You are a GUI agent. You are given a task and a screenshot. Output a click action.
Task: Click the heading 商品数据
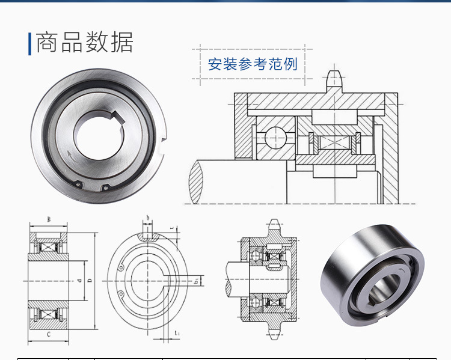click(84, 43)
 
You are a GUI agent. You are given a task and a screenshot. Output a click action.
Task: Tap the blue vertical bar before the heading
click(29, 44)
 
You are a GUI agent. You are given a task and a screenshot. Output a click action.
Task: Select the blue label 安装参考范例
click(253, 64)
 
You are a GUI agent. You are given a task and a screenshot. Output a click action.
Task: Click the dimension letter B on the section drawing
click(49, 219)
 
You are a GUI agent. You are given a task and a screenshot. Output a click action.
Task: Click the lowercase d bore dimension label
click(79, 281)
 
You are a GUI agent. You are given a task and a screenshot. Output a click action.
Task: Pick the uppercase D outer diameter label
click(88, 281)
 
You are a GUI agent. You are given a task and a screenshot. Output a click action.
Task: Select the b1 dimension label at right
click(196, 281)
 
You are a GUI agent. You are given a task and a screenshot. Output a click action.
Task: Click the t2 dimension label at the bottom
click(176, 332)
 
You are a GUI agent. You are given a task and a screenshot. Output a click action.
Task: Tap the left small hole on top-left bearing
click(78, 185)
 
